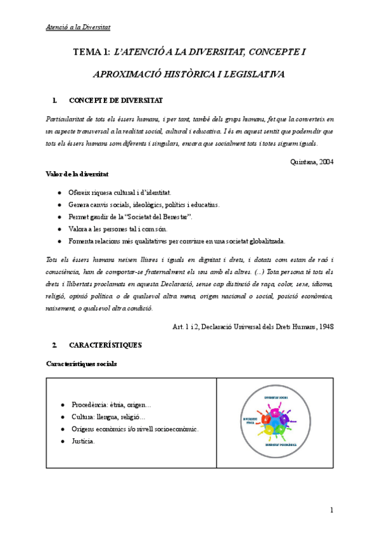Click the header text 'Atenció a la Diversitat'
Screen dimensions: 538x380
point(79,27)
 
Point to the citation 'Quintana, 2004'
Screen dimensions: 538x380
point(311,161)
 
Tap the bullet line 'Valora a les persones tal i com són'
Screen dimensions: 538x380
point(117,228)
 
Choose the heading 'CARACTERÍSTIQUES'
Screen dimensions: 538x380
point(105,345)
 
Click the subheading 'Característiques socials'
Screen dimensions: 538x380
point(82,364)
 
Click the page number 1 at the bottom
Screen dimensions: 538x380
point(331,511)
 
